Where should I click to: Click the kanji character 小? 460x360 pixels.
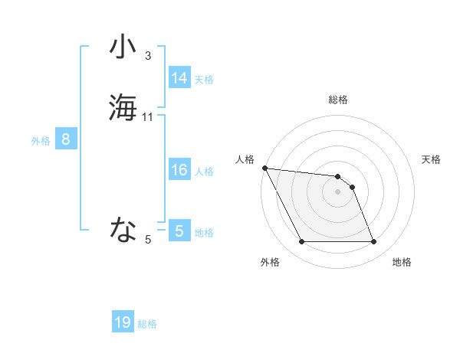point(122,47)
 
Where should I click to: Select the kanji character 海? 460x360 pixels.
point(122,106)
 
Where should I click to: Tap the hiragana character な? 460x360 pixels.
point(122,228)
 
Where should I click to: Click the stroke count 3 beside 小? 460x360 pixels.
point(148,55)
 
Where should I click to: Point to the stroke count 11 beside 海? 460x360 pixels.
point(148,116)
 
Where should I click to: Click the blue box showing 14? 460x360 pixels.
point(179,78)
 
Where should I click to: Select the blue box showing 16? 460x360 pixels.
point(179,170)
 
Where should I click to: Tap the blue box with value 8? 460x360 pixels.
point(66,139)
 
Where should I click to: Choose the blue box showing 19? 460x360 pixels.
point(123,322)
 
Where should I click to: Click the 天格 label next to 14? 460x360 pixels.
point(204,80)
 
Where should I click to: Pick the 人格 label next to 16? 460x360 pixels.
point(204,172)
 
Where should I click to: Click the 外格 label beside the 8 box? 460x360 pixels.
point(41,141)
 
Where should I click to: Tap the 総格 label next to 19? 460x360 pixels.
point(147,324)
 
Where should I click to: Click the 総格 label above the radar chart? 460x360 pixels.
point(338,100)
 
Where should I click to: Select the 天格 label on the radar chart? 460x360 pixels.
point(432,159)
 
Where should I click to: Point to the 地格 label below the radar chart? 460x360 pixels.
point(402,262)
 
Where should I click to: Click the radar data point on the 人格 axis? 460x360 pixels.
point(264,168)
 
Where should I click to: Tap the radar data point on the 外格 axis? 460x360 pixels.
point(301,242)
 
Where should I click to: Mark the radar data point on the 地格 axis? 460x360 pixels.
point(374,242)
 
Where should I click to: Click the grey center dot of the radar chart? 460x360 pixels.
point(338,191)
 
